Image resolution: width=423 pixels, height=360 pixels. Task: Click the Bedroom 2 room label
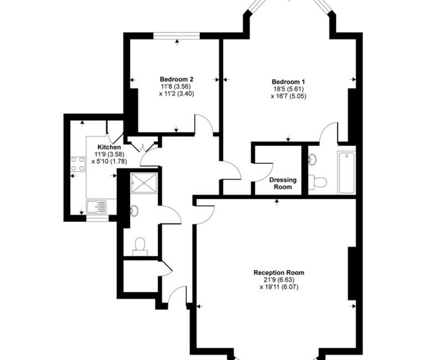[x=176, y=79]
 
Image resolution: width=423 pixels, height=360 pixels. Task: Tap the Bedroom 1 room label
[x=288, y=82]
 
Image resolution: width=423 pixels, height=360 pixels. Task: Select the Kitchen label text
[x=109, y=147]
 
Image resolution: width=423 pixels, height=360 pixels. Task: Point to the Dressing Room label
[x=283, y=183]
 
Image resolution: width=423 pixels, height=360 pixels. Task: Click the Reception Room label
[x=279, y=273]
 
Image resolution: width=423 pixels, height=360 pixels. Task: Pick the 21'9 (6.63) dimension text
[x=279, y=280]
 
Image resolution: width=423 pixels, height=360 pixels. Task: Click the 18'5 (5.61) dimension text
[x=288, y=89]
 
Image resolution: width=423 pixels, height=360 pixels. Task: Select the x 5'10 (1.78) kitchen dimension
[x=109, y=162]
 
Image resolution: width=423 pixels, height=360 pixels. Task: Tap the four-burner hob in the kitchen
[x=78, y=164]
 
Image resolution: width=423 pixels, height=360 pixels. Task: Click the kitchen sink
[x=97, y=207]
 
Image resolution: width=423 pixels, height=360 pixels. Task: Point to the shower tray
[x=144, y=183]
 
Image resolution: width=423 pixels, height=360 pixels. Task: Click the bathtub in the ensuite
[x=346, y=173]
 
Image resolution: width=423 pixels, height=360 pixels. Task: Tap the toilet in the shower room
[x=140, y=247]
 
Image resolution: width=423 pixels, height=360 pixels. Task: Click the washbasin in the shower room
[x=134, y=211]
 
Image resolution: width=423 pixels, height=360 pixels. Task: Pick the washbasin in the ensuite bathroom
[x=312, y=159]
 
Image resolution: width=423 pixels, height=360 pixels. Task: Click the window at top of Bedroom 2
[x=177, y=36]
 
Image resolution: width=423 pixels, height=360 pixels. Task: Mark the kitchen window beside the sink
[x=97, y=218]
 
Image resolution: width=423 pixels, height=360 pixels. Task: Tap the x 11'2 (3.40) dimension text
[x=176, y=94]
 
